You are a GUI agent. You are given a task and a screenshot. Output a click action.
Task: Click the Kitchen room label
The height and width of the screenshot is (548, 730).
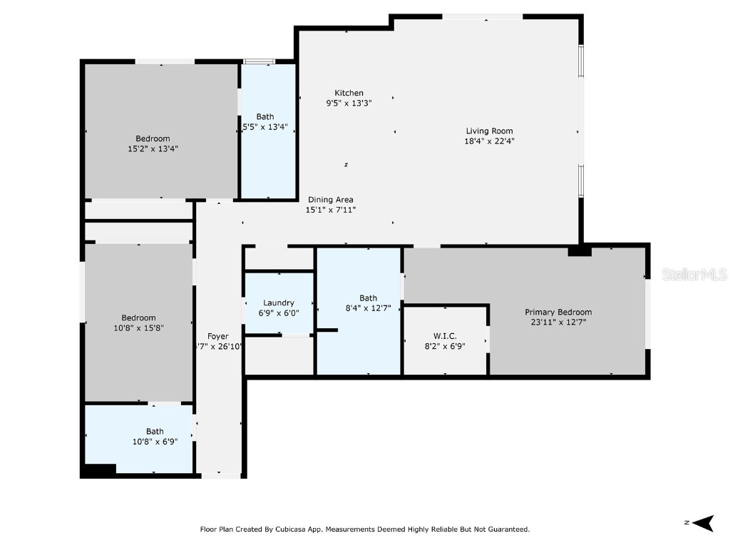tap(349, 93)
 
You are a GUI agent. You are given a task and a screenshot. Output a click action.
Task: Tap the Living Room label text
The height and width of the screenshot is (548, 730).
tap(489, 131)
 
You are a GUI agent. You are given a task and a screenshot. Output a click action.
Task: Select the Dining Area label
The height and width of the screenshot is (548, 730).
tap(330, 200)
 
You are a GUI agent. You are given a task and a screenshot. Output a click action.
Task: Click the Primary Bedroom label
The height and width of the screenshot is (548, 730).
tap(558, 312)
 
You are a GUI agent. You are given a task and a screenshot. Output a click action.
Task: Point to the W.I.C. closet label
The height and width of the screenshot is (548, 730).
tap(445, 335)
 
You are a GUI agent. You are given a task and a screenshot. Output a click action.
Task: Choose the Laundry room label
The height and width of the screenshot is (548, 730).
tap(278, 303)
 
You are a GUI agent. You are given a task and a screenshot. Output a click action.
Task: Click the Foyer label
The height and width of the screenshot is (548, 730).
tap(218, 336)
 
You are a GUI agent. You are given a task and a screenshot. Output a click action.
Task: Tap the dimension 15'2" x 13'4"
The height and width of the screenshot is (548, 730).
tap(153, 149)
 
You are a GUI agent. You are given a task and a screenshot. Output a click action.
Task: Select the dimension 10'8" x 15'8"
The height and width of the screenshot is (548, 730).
tap(138, 328)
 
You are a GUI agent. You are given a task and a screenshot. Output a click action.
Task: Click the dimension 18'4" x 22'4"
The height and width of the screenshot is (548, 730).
tap(489, 141)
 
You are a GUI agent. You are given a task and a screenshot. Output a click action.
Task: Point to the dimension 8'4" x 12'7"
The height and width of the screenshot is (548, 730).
tap(368, 308)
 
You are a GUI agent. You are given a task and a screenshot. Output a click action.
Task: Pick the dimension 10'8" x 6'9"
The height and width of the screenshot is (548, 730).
tap(155, 441)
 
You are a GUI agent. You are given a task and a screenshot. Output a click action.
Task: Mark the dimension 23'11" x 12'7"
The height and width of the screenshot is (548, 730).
tap(558, 322)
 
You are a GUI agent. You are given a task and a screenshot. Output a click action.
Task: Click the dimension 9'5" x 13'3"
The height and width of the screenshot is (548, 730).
tap(349, 103)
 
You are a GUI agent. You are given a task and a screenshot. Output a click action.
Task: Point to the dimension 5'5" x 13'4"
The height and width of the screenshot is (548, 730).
tap(265, 127)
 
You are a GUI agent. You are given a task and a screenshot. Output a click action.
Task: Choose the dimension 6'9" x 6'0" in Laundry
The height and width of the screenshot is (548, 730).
tap(278, 313)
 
